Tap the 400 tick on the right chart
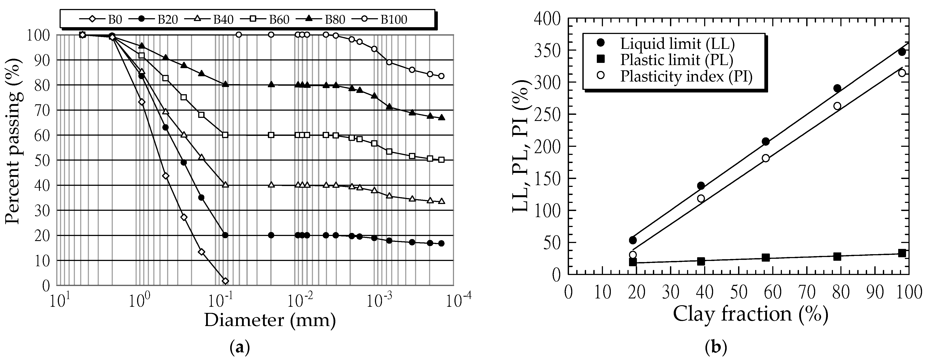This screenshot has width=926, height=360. point(548,19)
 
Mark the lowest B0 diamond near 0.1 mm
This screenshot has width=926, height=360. point(225,281)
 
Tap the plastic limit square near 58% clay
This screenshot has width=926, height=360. point(766,257)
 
